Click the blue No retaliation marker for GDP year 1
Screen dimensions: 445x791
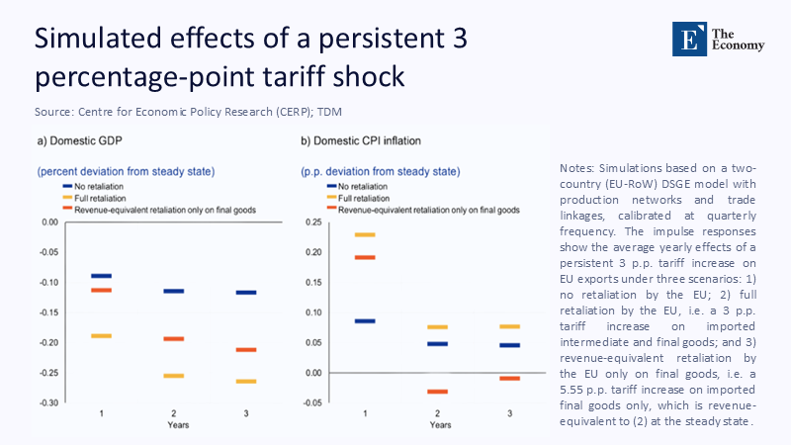click(x=102, y=276)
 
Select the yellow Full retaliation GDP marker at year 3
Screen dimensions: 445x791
click(x=246, y=381)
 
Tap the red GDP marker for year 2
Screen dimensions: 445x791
click(x=174, y=339)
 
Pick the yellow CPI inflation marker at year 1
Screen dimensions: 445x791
click(x=365, y=234)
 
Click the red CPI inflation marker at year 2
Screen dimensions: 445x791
click(x=437, y=392)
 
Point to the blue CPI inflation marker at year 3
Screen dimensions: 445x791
click(x=510, y=345)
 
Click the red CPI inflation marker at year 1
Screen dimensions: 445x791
click(x=365, y=257)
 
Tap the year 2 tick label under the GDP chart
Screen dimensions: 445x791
click(x=174, y=412)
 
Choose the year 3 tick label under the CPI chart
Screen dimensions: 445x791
click(x=510, y=412)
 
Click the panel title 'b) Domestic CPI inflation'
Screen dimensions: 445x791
click(x=359, y=141)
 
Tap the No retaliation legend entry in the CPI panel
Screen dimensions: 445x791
click(x=365, y=186)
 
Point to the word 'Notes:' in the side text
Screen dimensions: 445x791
click(x=577, y=168)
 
